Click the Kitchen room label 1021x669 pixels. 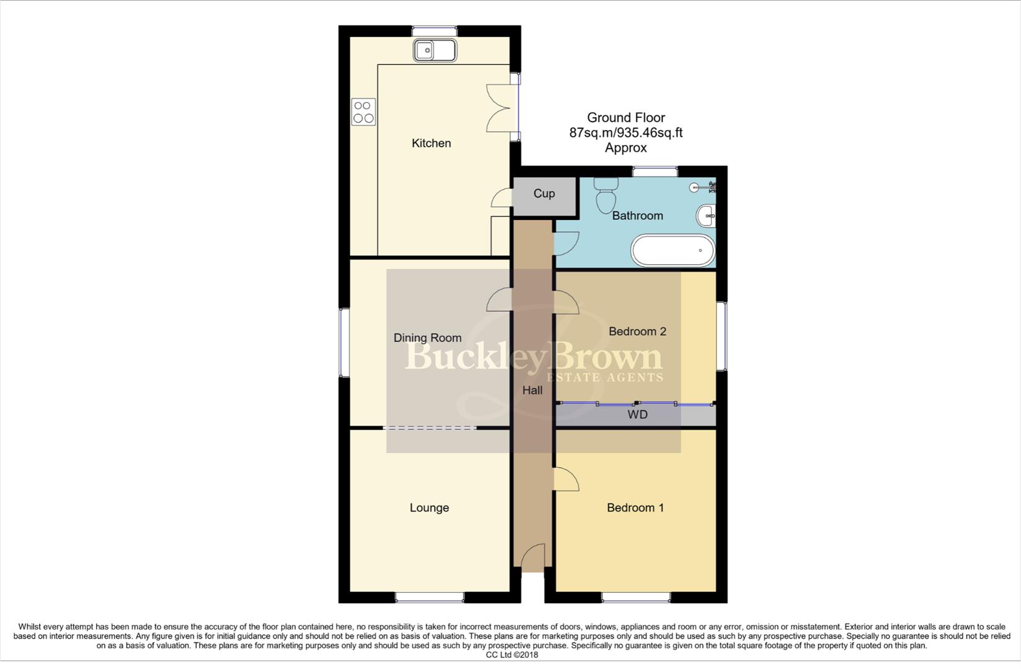click(x=431, y=143)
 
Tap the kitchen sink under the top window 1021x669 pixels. click(x=435, y=50)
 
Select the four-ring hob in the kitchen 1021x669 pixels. click(x=363, y=112)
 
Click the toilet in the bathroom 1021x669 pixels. click(x=605, y=195)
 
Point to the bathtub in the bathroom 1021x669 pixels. click(x=672, y=250)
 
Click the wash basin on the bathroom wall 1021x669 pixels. click(x=706, y=216)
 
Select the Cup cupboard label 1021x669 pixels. click(x=544, y=193)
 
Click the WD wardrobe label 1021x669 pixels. click(x=637, y=414)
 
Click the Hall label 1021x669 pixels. click(x=532, y=390)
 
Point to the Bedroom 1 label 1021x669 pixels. click(x=635, y=508)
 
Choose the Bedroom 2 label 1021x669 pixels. click(x=637, y=331)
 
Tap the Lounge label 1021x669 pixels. click(x=429, y=508)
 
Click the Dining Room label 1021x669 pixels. click(x=427, y=338)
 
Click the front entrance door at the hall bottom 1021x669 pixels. click(x=532, y=557)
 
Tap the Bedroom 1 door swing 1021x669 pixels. click(x=566, y=479)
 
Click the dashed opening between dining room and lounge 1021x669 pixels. click(x=430, y=428)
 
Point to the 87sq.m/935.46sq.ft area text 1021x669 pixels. click(x=625, y=133)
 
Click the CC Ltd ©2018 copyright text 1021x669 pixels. click(x=511, y=655)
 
